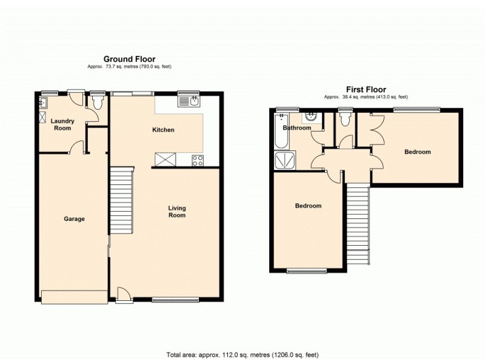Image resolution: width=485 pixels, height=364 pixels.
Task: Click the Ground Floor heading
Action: pyautogui.click(x=130, y=59)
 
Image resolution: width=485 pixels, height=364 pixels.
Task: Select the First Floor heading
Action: pyautogui.click(x=366, y=89)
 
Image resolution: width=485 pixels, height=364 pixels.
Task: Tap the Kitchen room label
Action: pyautogui.click(x=163, y=130)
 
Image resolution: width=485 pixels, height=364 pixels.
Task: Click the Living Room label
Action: pyautogui.click(x=177, y=212)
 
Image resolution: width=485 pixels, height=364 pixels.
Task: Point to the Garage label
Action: pyautogui.click(x=75, y=219)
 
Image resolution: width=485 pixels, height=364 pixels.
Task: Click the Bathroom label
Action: pyautogui.click(x=297, y=128)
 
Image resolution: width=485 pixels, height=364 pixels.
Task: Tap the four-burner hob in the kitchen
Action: pyautogui.click(x=198, y=160)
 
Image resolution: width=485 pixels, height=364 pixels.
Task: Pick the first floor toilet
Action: pyautogui.click(x=346, y=120)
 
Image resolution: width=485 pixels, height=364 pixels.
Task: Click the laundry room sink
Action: pyautogui.click(x=44, y=113)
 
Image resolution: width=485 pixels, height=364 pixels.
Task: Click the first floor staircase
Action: pyautogui.click(x=359, y=224)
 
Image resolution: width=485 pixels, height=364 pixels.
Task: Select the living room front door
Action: pyautogui.click(x=124, y=294)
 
